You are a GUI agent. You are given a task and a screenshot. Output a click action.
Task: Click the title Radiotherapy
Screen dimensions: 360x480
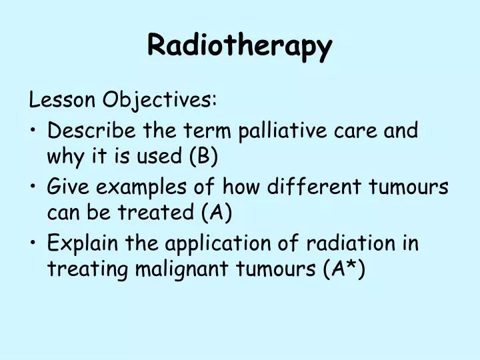tap(239, 45)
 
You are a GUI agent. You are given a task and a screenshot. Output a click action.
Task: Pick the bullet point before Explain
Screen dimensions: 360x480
tap(33, 243)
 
